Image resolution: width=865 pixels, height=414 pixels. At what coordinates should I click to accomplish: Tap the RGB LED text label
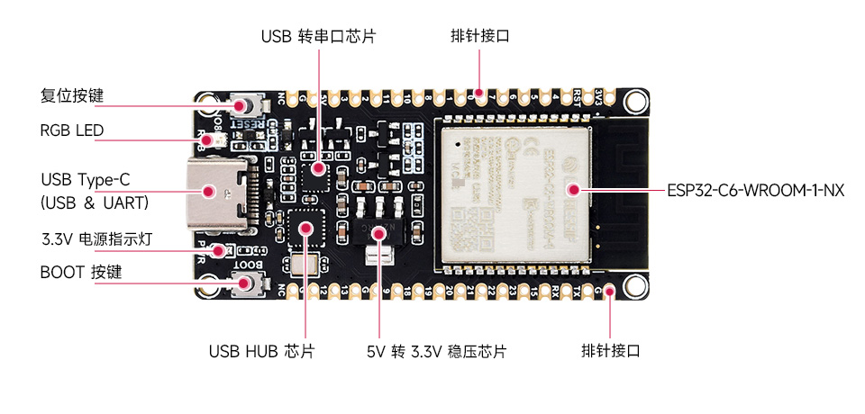click(x=71, y=130)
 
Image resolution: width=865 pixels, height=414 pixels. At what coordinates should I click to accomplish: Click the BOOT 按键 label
click(x=81, y=272)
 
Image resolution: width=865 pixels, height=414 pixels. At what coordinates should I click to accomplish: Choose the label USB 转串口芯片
click(x=318, y=37)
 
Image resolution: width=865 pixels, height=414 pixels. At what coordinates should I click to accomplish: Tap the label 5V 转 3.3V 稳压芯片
click(x=436, y=351)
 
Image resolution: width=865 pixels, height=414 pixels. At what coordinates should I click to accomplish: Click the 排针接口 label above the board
click(x=480, y=37)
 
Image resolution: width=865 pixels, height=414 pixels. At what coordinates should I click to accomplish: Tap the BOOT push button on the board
click(x=243, y=284)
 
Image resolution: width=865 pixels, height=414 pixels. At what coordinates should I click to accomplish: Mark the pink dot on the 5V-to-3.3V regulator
click(x=379, y=232)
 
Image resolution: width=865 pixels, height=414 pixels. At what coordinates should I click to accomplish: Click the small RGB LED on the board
click(x=210, y=140)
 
